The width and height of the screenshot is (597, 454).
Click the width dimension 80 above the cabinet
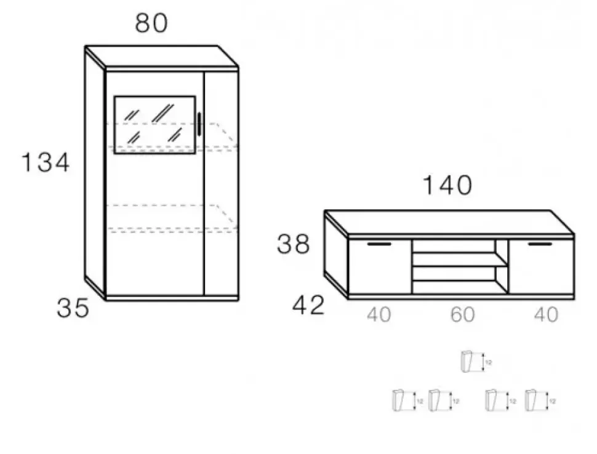151,23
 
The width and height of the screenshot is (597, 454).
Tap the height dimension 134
46,163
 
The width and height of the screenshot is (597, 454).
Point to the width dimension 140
447,185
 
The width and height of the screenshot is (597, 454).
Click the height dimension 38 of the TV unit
294,245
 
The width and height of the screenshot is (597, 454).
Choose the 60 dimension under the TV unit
462,315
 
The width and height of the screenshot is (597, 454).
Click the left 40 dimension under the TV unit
379,315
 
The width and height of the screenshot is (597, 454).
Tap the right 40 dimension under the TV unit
545,315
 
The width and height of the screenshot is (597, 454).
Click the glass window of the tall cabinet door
155,124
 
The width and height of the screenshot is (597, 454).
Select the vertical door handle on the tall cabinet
199,124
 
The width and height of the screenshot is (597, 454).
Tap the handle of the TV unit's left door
379,245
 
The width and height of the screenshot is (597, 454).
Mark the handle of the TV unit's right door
540,245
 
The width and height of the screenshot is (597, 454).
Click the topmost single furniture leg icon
469,362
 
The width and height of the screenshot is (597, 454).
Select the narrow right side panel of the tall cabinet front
221,185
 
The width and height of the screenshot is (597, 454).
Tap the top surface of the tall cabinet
161,57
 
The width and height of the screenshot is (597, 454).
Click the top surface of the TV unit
449,222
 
